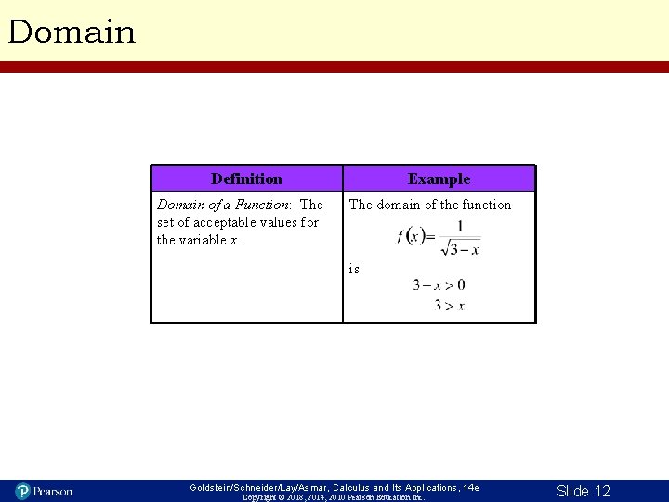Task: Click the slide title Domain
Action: coord(72,33)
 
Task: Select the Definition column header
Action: coord(246,178)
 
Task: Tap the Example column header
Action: coord(439,178)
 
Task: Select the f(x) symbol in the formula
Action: coord(410,236)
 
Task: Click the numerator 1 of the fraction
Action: coord(460,226)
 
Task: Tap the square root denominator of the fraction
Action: coord(460,248)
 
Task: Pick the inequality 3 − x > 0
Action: coord(439,285)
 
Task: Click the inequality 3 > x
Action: coord(449,305)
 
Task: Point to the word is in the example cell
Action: coord(354,269)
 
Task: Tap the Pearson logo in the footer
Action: coord(44,490)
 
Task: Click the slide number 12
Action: coord(583,490)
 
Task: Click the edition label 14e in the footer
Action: coord(471,487)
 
